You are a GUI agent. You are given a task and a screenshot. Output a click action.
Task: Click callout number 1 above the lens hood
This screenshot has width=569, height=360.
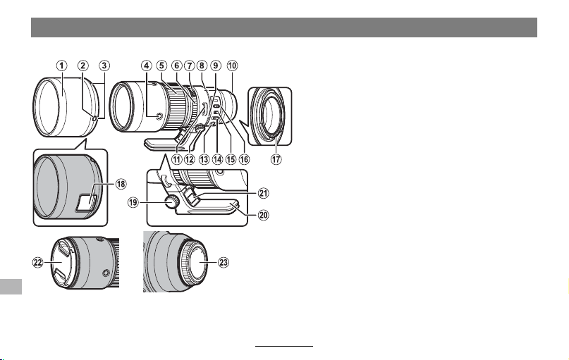click(61, 66)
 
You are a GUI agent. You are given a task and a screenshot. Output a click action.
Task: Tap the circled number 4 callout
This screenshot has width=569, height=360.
click(146, 66)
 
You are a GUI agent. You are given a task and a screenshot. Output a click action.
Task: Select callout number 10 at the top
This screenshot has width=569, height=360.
click(232, 66)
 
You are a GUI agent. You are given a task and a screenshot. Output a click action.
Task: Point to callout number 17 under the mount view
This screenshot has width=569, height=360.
click(276, 159)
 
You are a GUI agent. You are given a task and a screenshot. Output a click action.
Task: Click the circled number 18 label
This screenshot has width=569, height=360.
click(121, 184)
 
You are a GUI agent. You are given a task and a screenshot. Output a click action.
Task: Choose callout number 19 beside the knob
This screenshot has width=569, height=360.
click(133, 202)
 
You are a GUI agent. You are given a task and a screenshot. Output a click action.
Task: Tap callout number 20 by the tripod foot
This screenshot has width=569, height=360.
click(263, 216)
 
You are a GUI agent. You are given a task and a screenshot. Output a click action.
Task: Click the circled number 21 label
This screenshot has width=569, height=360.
click(263, 193)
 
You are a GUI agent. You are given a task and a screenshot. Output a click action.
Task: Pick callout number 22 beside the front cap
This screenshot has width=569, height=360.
click(38, 263)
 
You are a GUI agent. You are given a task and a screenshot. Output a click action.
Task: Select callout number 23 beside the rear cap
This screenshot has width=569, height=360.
click(224, 263)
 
